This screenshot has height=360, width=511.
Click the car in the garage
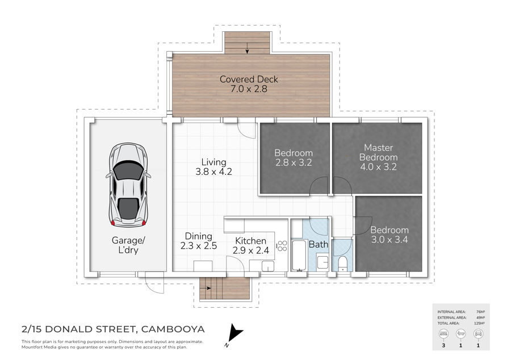point(128,185)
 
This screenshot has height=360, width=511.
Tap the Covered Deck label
point(249,83)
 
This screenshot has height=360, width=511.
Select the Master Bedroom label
point(378,157)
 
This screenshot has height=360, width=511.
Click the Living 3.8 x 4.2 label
point(214,167)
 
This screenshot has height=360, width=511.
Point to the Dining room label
point(199,241)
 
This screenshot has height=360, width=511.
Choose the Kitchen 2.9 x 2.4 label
point(250,245)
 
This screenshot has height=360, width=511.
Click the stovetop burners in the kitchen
point(282,246)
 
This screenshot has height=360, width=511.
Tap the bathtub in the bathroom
point(299,256)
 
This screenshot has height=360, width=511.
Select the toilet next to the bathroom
point(342,264)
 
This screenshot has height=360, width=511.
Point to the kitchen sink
point(268,266)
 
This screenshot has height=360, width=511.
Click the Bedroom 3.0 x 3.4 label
point(389,235)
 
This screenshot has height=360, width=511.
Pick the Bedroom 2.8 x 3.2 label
point(294,158)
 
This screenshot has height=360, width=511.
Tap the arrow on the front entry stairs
point(206,288)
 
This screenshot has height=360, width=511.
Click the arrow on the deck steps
point(248,48)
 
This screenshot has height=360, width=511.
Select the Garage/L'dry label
point(128,245)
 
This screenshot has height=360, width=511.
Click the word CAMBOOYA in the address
point(173,329)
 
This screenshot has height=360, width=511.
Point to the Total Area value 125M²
point(479,323)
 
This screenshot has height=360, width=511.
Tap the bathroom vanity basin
point(322,262)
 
